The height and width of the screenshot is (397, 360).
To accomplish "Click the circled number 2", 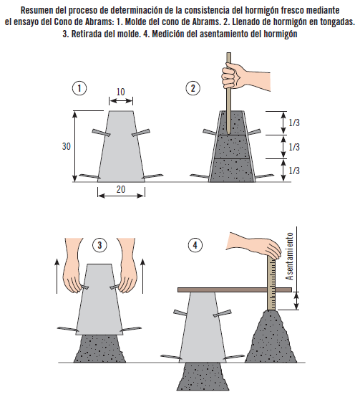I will coord(193,90).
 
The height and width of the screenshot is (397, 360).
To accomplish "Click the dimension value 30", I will coord(66,145).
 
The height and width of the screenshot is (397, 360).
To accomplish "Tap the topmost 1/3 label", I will coord(294,123).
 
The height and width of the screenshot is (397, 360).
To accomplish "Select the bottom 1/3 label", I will coord(294,171).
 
